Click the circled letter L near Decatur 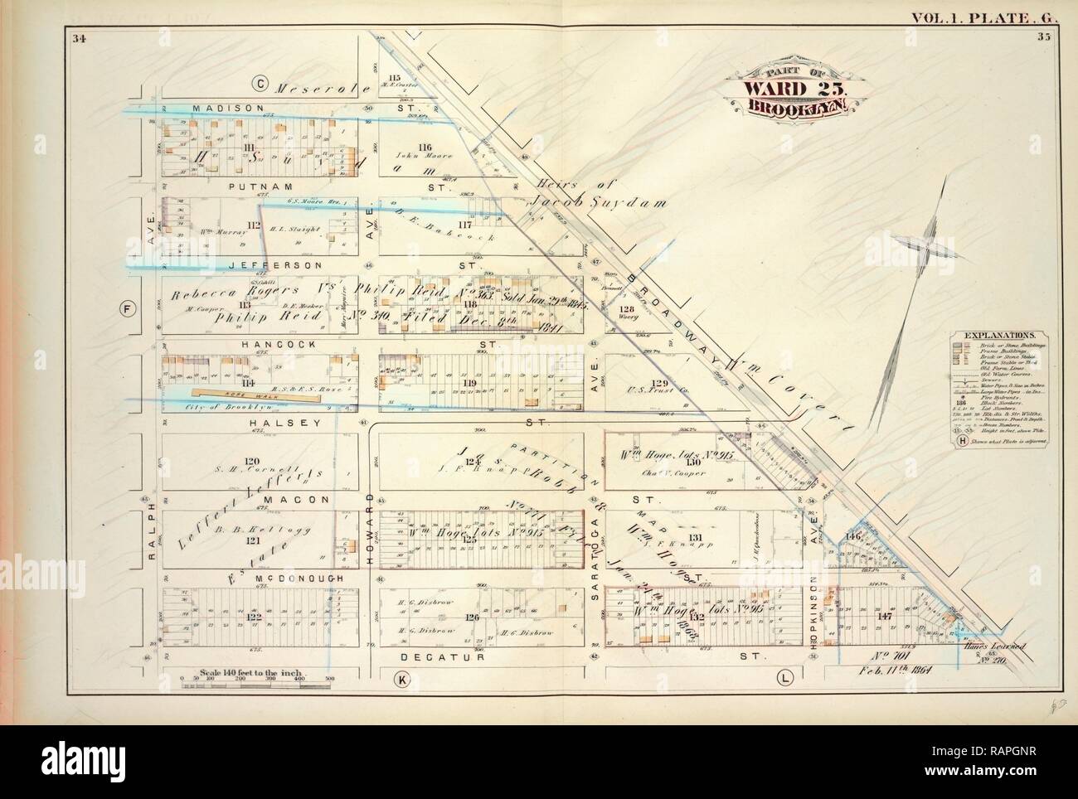783,679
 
